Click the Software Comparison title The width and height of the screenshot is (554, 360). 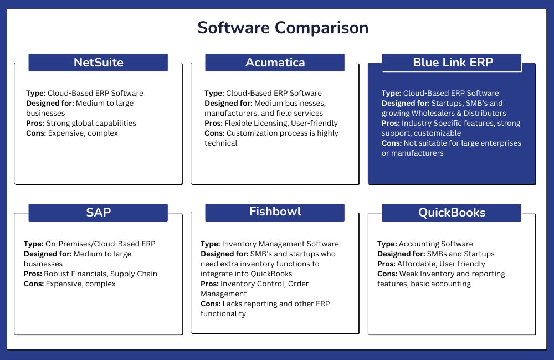[283, 28]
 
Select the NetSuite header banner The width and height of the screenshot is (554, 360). [98, 62]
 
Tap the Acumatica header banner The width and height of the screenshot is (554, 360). [275, 62]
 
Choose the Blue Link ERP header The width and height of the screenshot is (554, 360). [452, 63]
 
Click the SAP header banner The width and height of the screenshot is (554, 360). [98, 213]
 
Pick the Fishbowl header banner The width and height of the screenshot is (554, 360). [275, 213]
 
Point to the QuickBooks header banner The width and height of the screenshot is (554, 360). [452, 213]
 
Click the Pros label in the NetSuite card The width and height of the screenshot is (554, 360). [35, 124]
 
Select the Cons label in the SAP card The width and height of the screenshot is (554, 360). [34, 284]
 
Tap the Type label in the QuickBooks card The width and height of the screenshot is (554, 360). [387, 244]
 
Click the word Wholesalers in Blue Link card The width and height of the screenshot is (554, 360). [433, 114]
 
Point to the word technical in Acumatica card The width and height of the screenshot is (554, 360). [221, 143]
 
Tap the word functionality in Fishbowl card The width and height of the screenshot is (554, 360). [223, 313]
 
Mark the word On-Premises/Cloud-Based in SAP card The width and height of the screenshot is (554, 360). [92, 244]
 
